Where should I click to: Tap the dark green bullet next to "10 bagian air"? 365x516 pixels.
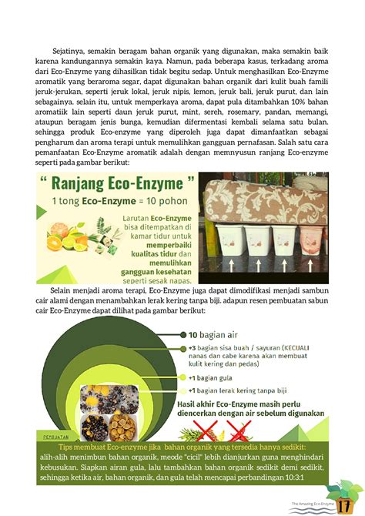183,334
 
